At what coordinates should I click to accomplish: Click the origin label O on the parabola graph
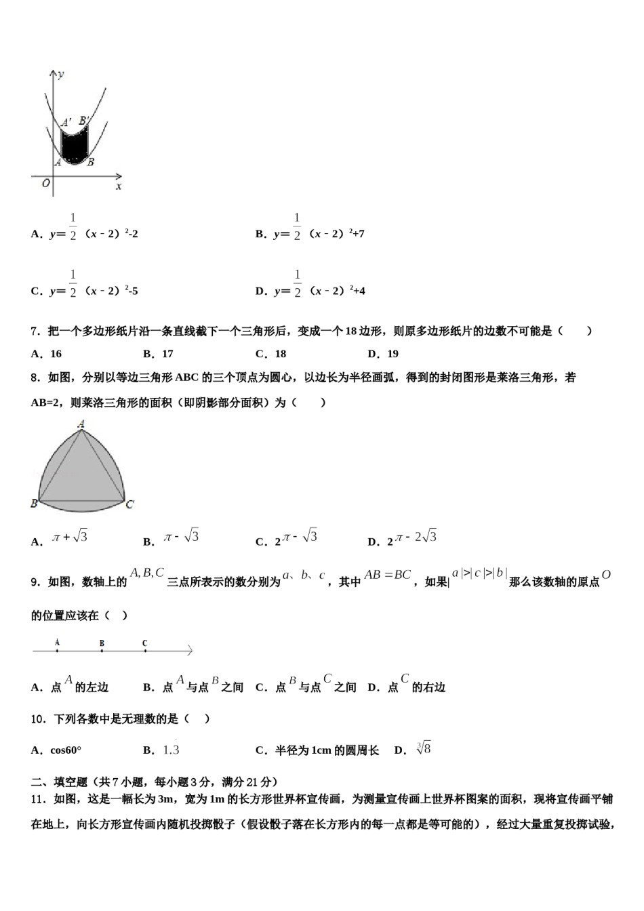(x=45, y=184)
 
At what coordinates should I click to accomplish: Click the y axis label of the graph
(x=61, y=74)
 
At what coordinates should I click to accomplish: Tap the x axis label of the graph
(x=119, y=186)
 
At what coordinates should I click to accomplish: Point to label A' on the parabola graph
(x=66, y=123)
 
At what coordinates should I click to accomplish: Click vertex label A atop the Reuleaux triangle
(x=81, y=424)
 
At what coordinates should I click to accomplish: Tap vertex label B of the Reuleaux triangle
(x=34, y=504)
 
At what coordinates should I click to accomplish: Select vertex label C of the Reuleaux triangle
(x=129, y=504)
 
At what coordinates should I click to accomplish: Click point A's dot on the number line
(x=57, y=651)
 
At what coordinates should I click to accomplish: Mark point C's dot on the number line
(x=145, y=651)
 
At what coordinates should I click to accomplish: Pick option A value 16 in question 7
(x=56, y=354)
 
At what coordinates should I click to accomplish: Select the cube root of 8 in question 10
(x=424, y=749)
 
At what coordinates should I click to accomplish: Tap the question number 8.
(x=35, y=378)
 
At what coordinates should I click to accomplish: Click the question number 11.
(x=38, y=799)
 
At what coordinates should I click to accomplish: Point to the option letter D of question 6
(x=260, y=291)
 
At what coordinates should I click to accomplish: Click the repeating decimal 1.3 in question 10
(x=171, y=749)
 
